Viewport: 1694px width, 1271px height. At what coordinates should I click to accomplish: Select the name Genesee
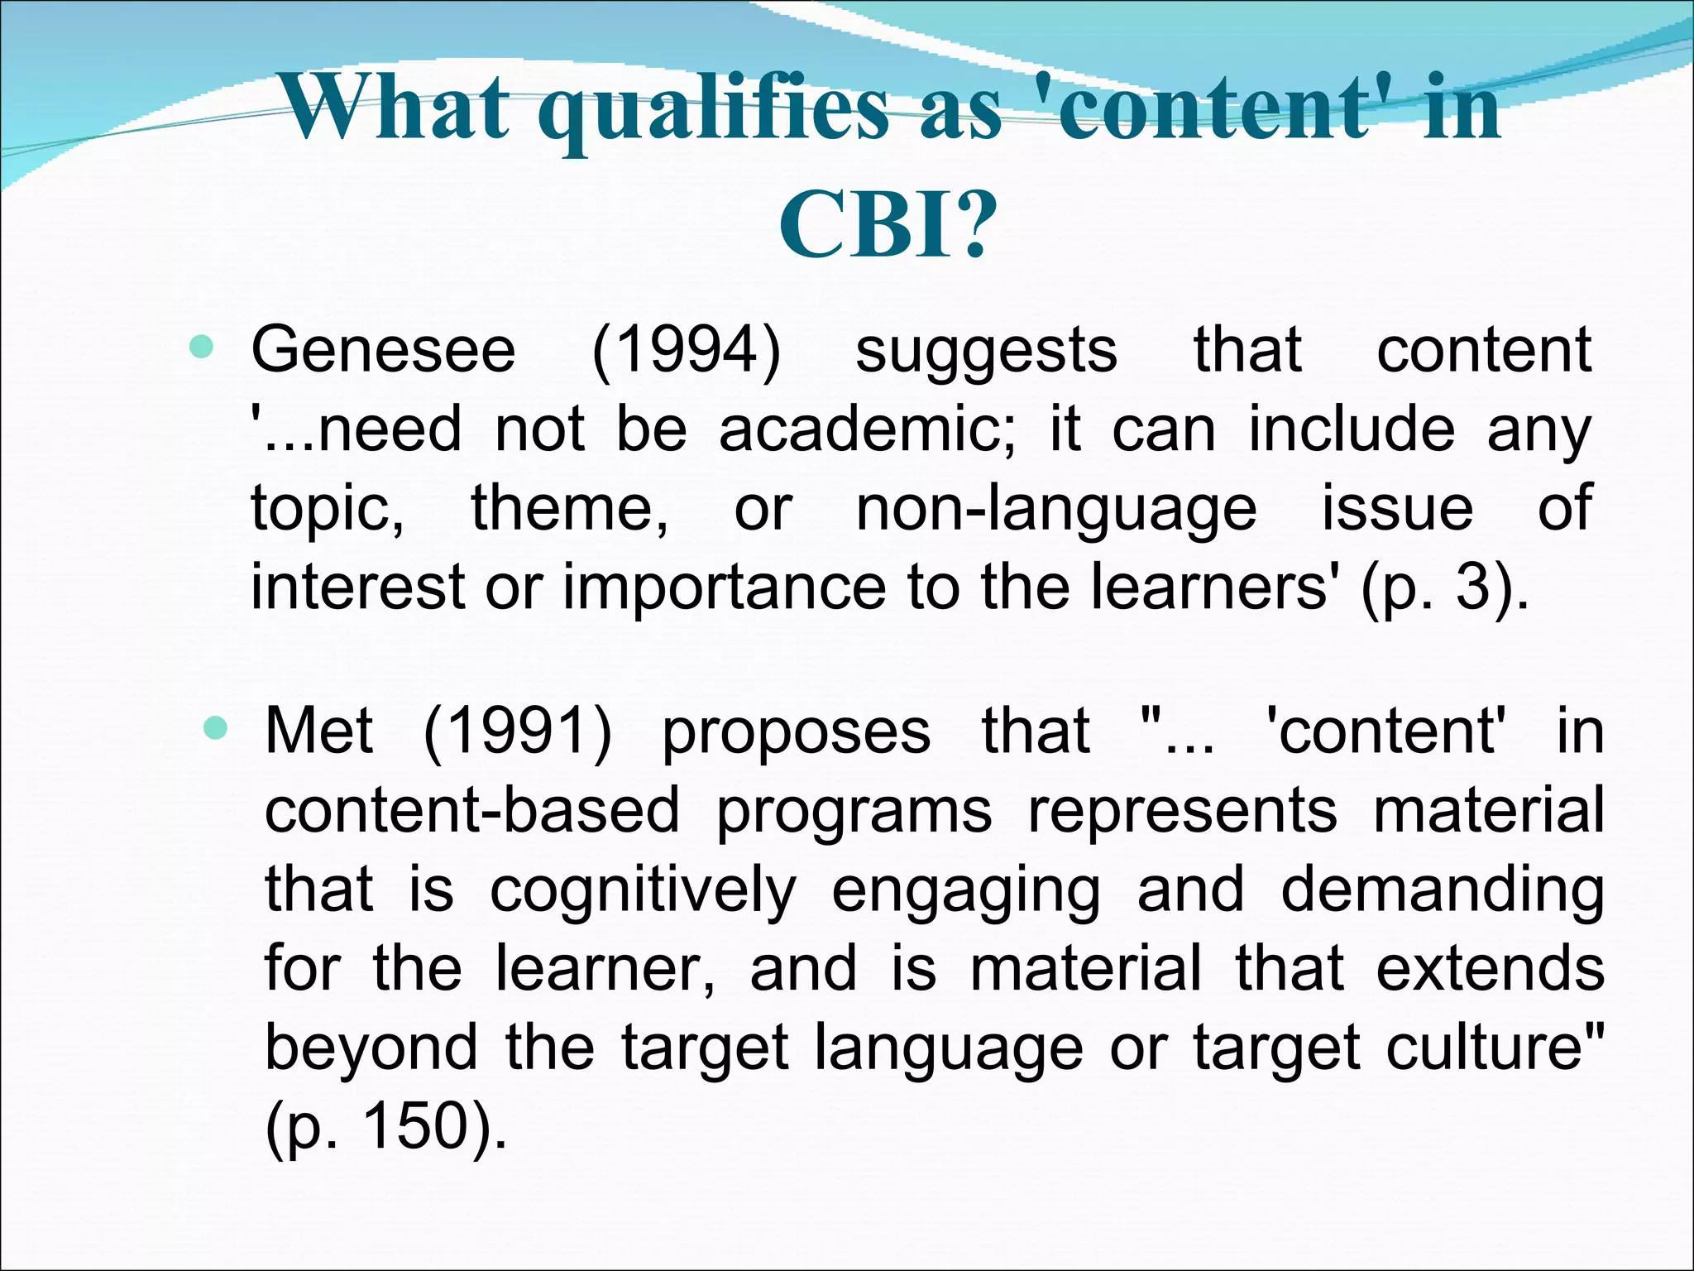pos(383,351)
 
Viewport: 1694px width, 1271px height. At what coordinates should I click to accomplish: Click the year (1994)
pos(686,351)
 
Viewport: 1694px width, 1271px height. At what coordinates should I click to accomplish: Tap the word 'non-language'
pos(1056,509)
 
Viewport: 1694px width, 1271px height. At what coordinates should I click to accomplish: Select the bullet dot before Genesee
pos(201,347)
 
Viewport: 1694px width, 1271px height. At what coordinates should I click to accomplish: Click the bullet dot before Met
pos(215,728)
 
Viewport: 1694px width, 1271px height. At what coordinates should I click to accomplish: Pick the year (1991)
pos(518,731)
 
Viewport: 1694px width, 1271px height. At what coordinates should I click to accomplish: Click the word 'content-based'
pos(471,810)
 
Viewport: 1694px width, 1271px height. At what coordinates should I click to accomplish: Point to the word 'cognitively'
pos(643,891)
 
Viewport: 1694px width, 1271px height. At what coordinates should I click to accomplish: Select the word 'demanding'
pos(1443,891)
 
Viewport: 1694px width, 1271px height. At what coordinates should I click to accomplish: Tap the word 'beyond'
pos(371,1048)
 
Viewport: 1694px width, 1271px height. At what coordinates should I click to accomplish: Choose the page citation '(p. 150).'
pos(385,1127)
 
